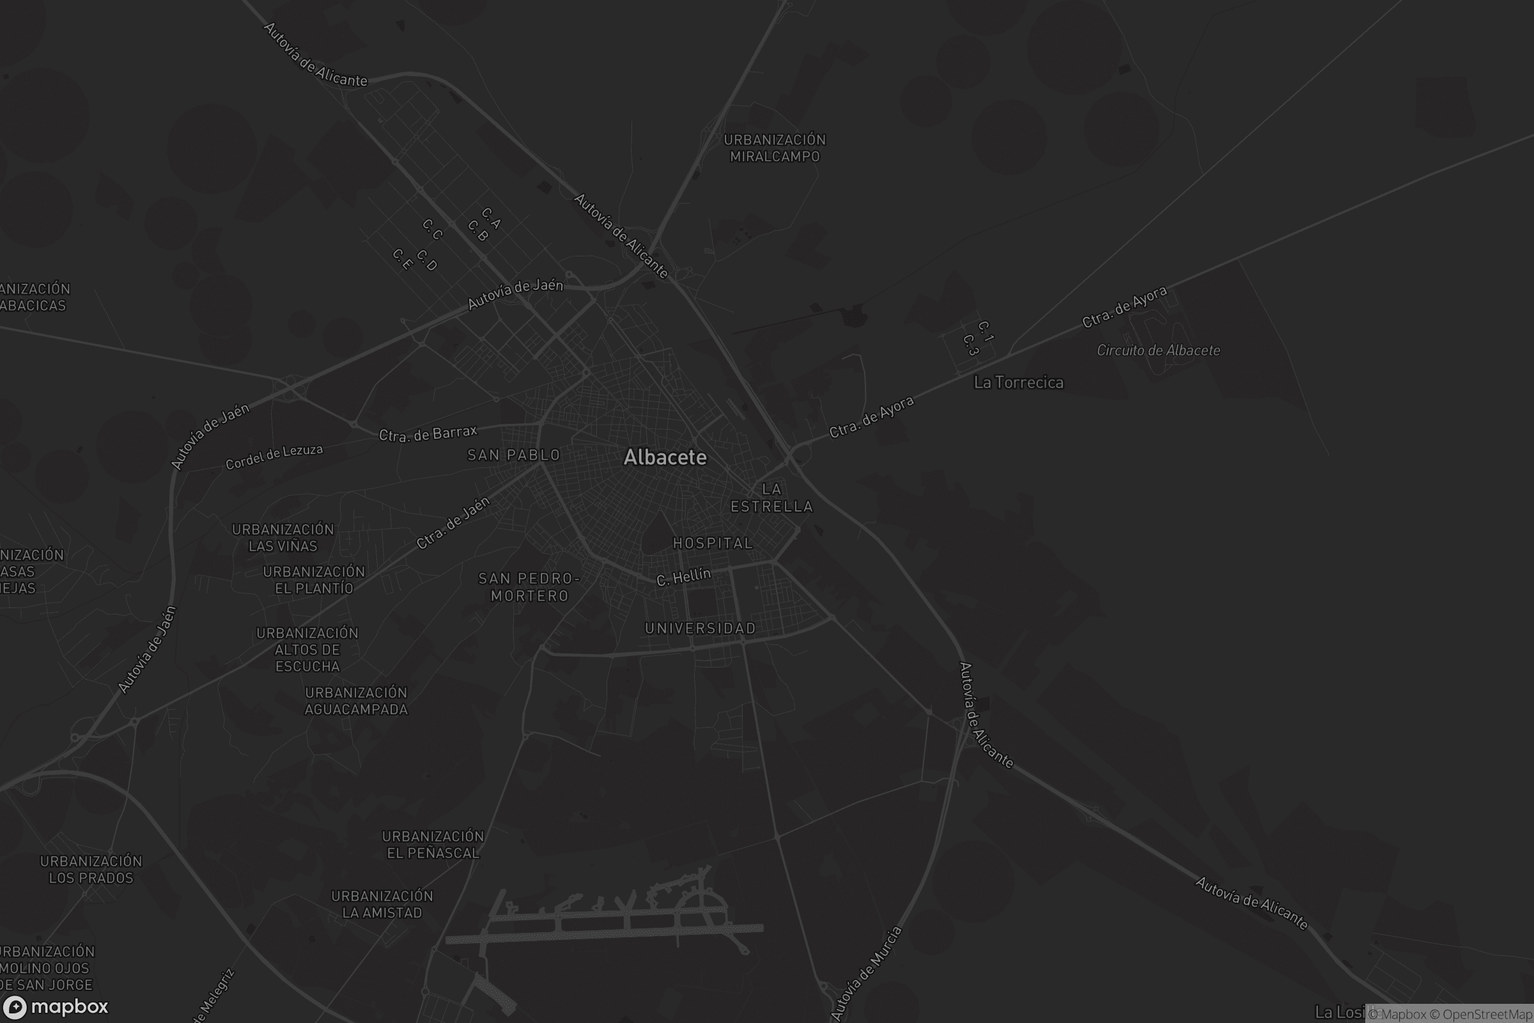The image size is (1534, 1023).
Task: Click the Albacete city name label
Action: tap(665, 457)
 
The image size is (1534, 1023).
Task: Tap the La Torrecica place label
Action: tap(1018, 382)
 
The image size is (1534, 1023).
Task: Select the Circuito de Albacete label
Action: tap(1158, 350)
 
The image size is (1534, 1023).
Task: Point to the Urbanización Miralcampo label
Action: tap(775, 148)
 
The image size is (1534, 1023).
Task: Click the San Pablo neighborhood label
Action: tap(514, 455)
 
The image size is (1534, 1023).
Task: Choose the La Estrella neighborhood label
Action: tap(771, 498)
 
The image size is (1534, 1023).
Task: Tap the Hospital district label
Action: tap(713, 543)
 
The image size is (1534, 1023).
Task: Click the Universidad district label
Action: tap(701, 629)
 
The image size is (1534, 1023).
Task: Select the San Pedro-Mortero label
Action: tap(529, 587)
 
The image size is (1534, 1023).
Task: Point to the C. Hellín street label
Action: tap(683, 577)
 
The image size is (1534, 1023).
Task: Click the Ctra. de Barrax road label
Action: tap(428, 434)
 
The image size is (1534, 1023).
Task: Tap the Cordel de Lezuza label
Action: tap(274, 457)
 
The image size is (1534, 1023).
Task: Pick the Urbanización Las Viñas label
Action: tap(283, 538)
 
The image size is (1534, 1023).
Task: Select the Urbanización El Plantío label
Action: tap(314, 580)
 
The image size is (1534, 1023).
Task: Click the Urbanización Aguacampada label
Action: tap(356, 701)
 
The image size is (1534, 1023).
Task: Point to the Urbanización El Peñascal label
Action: tap(433, 844)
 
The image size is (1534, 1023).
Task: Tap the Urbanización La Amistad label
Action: tap(382, 904)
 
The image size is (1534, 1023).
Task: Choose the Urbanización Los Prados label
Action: tap(91, 870)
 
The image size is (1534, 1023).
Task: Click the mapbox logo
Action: tap(55, 1006)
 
